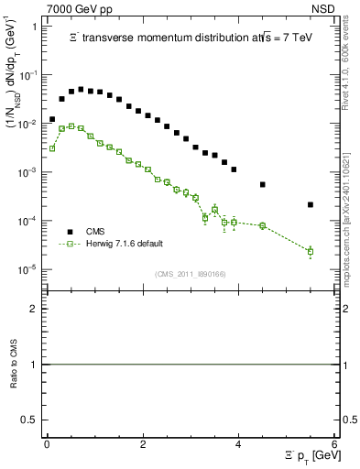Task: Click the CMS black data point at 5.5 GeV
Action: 311,204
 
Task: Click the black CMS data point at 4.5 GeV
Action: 262,184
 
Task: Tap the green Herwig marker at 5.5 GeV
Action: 311,251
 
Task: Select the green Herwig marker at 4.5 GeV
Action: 262,225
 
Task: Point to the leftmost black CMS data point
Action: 52,119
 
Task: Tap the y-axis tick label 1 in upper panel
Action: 34,27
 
